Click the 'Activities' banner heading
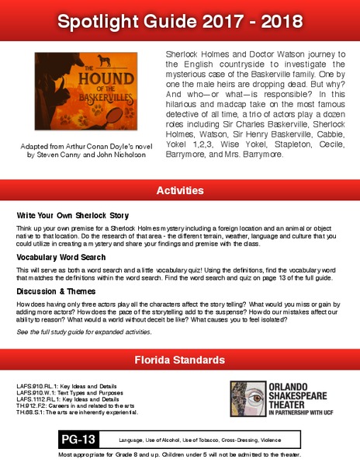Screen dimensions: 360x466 pos(180,190)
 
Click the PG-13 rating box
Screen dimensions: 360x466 pos(79,440)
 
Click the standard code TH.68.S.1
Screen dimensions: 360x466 pos(34,411)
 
